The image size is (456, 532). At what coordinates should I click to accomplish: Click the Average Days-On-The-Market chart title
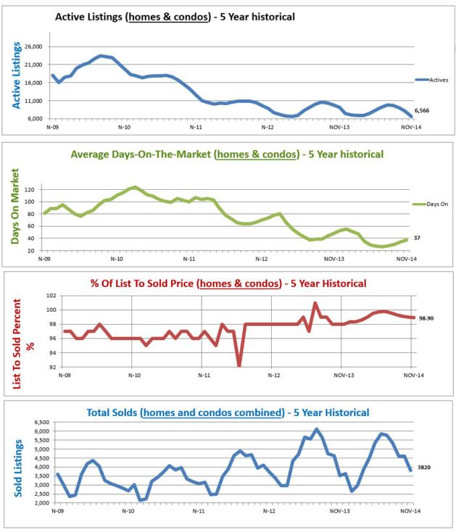pos(227,154)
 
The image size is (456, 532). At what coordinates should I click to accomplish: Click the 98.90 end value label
pos(426,317)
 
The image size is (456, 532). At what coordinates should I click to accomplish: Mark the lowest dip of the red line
pos(239,365)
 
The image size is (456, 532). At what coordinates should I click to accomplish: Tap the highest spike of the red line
pos(315,303)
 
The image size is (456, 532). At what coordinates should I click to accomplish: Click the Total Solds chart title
pos(226,412)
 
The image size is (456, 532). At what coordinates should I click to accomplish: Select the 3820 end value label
pos(425,469)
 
